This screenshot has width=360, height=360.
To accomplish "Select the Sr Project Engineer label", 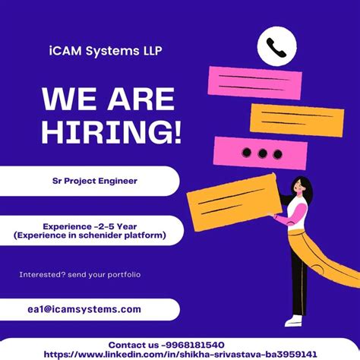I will (x=89, y=181).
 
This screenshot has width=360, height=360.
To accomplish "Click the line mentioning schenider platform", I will (x=89, y=237).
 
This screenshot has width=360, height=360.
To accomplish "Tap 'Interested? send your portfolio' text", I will (x=81, y=274).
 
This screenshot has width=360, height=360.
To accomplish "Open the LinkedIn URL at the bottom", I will (x=180, y=354).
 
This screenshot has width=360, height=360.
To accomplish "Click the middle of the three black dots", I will (x=263, y=153).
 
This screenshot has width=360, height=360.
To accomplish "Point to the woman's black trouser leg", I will (x=298, y=281).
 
